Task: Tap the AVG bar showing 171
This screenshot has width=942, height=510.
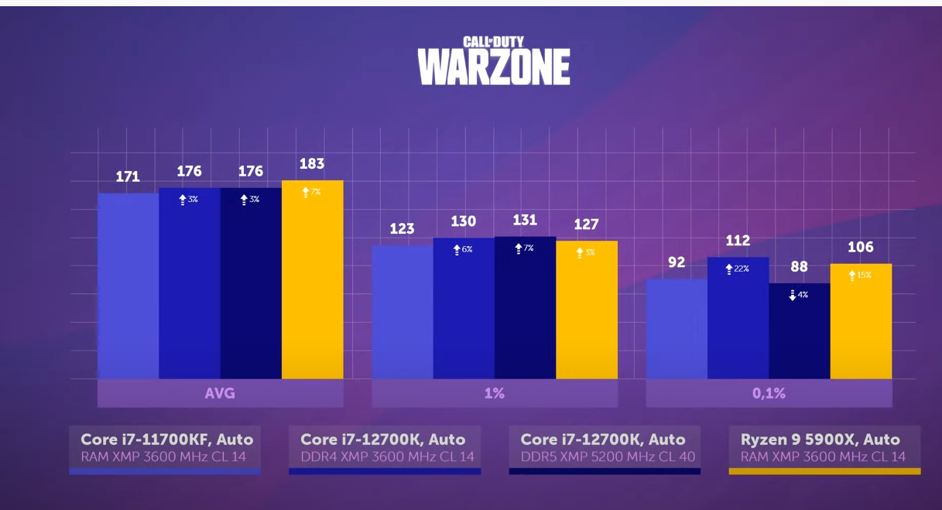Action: tap(128, 286)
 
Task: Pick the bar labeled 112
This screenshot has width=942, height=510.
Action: tap(738, 318)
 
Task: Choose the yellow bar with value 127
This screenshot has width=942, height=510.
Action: tap(587, 310)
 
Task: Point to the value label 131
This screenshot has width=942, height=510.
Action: tap(525, 220)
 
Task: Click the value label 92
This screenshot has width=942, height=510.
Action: tap(677, 262)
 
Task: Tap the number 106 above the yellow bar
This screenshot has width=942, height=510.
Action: tap(861, 247)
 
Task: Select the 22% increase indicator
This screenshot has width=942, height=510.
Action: tap(737, 269)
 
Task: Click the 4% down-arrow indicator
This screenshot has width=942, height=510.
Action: tap(799, 295)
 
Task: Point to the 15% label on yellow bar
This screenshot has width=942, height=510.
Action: tap(860, 275)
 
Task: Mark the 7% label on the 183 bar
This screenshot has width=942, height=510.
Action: tap(311, 191)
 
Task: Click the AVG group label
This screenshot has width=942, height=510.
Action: tap(220, 393)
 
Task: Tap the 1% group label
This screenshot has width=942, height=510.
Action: tap(494, 393)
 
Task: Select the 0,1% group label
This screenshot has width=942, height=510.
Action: tap(769, 393)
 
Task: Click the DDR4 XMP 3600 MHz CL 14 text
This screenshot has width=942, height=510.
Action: tap(387, 457)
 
